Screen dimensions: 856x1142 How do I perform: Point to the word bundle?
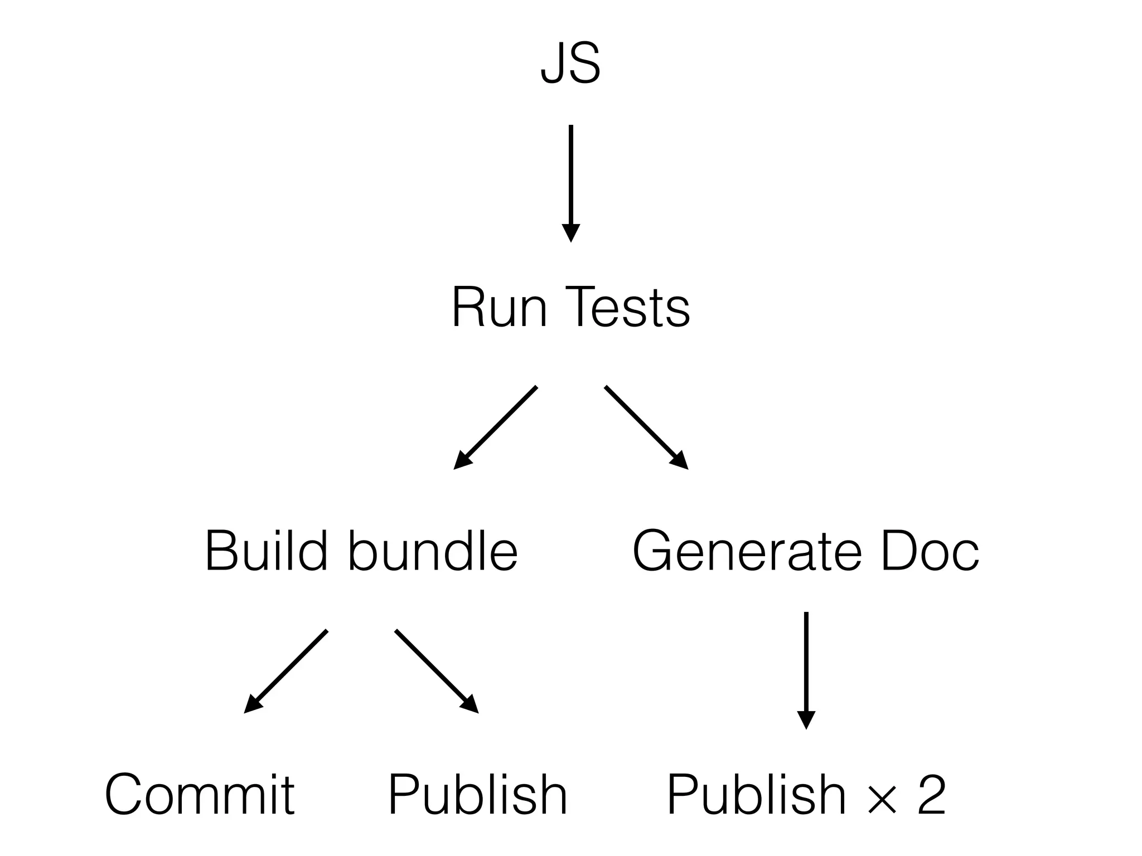coord(433,551)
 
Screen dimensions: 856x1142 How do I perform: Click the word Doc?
coord(929,551)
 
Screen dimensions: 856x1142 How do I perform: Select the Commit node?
coord(200,795)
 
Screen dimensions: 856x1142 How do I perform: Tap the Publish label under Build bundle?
coord(477,795)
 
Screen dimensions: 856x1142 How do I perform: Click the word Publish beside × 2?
coord(756,795)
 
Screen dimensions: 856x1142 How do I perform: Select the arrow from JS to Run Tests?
coord(570,178)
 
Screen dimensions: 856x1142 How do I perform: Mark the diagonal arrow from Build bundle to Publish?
coord(436,671)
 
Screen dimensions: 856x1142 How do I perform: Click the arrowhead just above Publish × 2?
coord(806,720)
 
